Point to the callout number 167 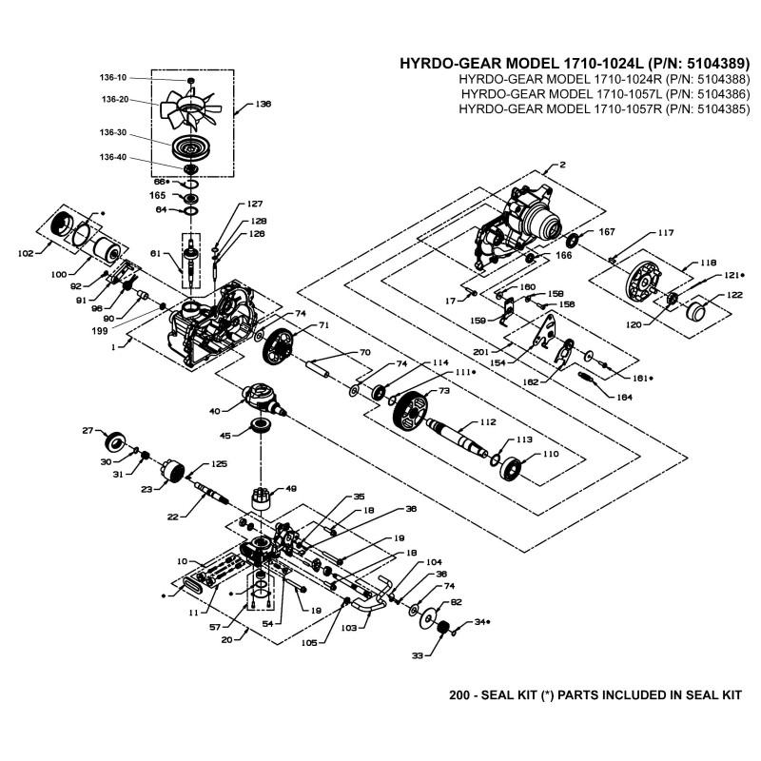click(x=607, y=232)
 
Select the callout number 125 click(x=219, y=463)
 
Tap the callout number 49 click(x=291, y=488)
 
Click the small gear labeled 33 click(x=441, y=630)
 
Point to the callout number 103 click(x=348, y=628)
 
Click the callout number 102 click(x=26, y=253)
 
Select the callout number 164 click(x=624, y=396)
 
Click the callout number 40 click(x=215, y=410)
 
